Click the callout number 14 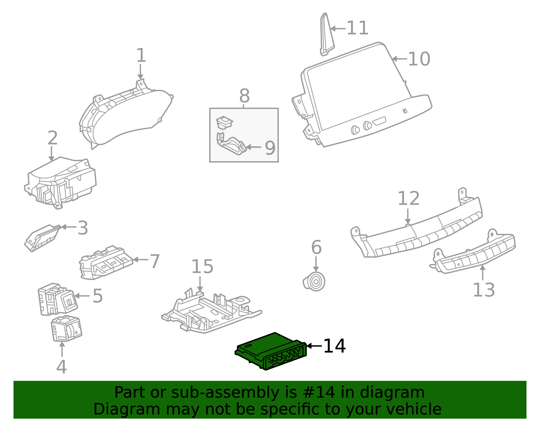(334, 346)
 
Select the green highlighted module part (270, 351)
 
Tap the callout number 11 (357, 28)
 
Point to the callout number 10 (419, 59)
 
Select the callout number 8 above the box (244, 96)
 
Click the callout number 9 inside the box (270, 148)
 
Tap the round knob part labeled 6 (315, 281)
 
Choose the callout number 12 (408, 199)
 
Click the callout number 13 (484, 290)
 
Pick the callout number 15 (202, 267)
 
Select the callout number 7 (155, 262)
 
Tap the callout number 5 (98, 296)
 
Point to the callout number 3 (83, 228)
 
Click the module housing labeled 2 (61, 182)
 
